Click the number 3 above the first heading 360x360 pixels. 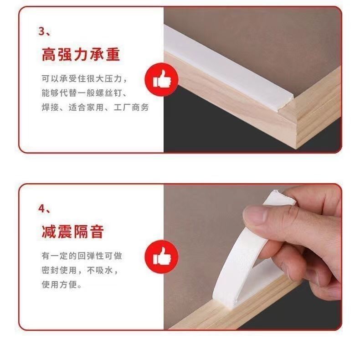41,31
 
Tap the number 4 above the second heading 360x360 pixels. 41,209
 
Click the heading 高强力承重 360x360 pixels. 81,54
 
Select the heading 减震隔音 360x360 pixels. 73,231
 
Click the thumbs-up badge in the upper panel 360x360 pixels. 162,79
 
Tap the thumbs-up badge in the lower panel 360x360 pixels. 162,257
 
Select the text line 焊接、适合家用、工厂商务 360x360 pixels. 95,107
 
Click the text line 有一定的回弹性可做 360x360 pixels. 82,256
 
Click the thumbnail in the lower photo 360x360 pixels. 255,215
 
